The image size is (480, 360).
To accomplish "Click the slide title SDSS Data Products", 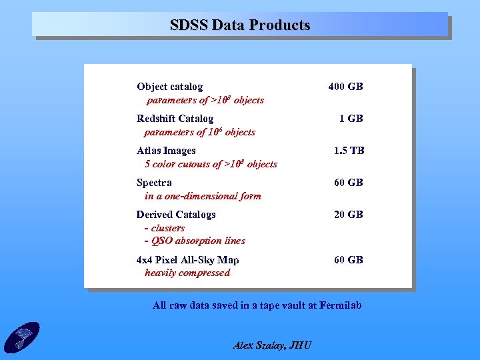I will coord(240,25).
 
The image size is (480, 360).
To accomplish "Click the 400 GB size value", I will coord(345,87).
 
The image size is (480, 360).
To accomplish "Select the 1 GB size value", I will coord(351,119).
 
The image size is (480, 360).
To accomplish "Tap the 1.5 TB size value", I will coord(349,151).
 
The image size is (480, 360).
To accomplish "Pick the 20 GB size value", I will coord(349,215).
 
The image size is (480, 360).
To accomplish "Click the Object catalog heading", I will coord(169,87).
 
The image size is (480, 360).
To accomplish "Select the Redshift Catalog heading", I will coord(175,119).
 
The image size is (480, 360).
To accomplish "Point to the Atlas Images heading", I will coord(166,151).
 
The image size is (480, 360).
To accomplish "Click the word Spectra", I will coord(154,183).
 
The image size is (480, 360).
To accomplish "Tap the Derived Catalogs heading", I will coord(176,215).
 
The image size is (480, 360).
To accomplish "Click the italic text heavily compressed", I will coord(187,273).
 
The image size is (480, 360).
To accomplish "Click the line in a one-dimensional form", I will coord(203,196).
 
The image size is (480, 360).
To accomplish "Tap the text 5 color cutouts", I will coord(177,164).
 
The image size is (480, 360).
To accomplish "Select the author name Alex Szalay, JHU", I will coord(272,345).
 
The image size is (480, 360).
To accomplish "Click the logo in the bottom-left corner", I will coord(21,337).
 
